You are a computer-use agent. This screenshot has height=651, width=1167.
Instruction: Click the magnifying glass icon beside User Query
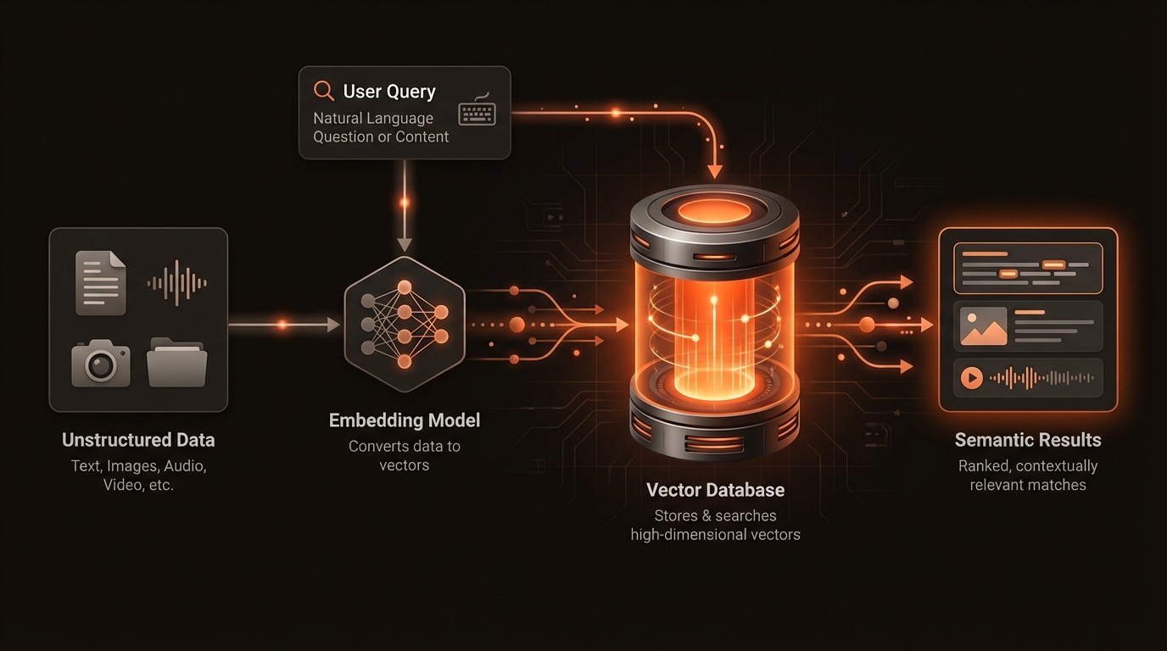pos(323,91)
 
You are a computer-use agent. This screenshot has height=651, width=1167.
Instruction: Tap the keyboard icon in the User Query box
pos(477,114)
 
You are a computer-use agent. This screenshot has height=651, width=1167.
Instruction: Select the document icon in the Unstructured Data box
pos(100,282)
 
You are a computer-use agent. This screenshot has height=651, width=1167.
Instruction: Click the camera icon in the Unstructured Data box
pos(101,363)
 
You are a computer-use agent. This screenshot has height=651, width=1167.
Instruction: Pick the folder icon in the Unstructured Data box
pos(176,362)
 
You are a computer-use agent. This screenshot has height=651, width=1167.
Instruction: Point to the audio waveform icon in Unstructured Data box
pos(176,282)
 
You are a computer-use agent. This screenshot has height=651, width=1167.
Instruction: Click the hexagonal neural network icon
pos(405,325)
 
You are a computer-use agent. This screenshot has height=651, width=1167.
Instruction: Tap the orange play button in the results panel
pos(972,378)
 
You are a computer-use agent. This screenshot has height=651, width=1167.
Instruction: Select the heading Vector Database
pos(715,490)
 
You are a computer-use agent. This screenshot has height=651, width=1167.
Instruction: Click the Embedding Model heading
pos(405,420)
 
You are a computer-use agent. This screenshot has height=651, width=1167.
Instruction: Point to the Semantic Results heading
pos(1028,440)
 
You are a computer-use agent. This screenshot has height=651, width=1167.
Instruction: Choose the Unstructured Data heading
pos(138,440)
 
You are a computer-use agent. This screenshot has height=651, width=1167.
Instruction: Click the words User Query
pos(388,92)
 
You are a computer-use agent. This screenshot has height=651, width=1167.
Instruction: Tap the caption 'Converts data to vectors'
pos(405,455)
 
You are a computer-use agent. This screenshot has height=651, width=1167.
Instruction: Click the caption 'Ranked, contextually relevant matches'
pos(1028,476)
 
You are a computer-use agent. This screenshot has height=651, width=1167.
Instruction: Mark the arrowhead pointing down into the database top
pos(715,171)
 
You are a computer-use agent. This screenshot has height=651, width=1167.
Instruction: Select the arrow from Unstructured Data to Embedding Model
pos(284,325)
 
